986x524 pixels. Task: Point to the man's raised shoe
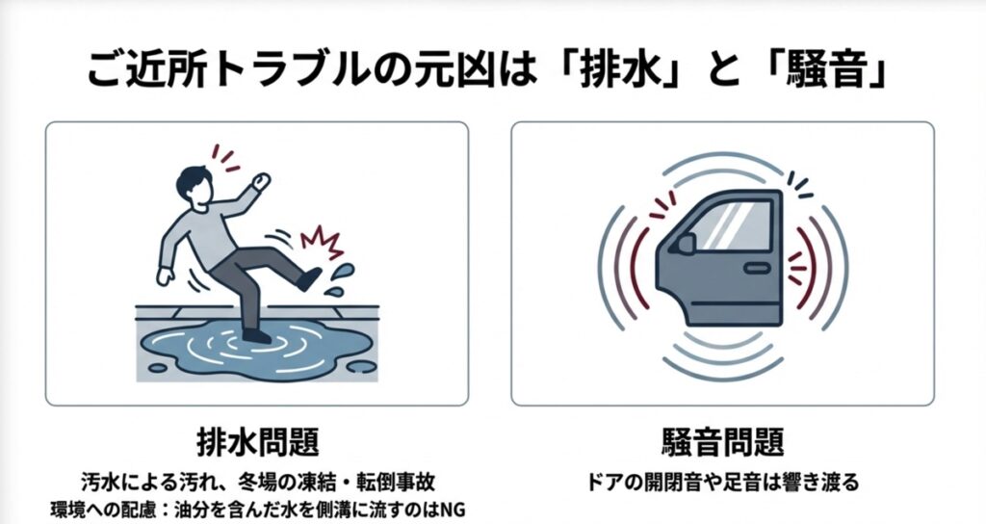pyautogui.click(x=307, y=278)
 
